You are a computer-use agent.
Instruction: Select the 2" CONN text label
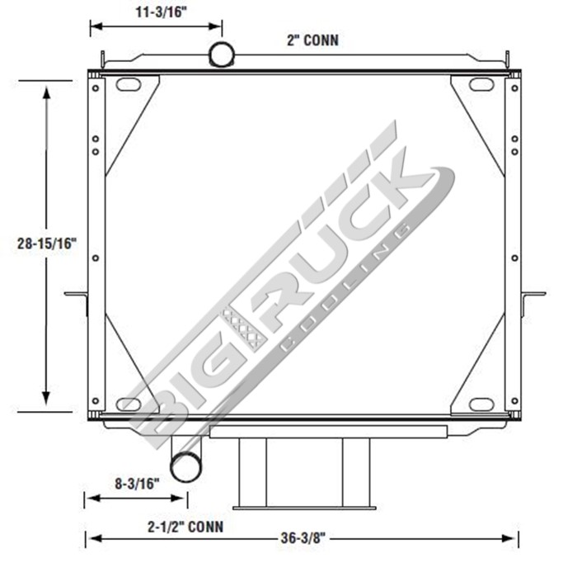point(313,40)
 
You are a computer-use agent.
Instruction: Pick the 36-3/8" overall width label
point(303,538)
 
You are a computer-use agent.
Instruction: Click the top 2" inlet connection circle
point(222,54)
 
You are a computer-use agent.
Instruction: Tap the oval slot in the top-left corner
point(129,84)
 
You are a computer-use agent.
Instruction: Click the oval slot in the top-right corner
point(481,84)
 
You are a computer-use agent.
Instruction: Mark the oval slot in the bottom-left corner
point(129,404)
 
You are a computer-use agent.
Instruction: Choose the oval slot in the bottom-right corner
point(481,404)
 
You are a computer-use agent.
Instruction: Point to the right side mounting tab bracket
point(533,295)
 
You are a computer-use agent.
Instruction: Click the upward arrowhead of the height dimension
point(47,89)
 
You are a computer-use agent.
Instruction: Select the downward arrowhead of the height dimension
point(47,400)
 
